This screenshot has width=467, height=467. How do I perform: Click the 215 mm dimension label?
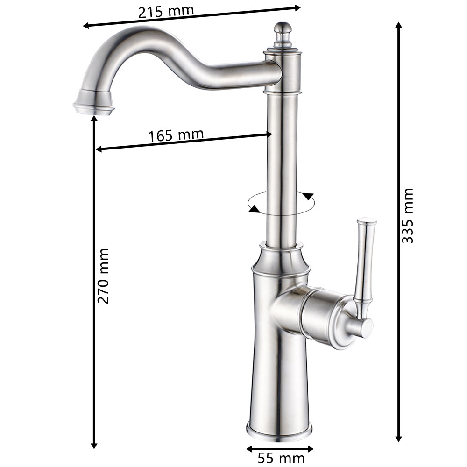click(165, 10)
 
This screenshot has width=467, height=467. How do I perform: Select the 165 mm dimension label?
click(176, 135)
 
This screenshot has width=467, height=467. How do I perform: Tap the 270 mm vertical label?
click(103, 276)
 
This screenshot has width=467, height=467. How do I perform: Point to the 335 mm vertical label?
click(408, 215)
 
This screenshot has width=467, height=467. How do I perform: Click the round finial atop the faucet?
click(281, 29)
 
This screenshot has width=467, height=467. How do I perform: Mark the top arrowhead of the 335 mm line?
click(398, 25)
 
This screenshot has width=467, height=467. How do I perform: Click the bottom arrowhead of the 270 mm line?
click(94, 446)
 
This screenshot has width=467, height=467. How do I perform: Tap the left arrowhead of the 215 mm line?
click(86, 26)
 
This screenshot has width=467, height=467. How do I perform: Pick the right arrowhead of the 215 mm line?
click(298, 7)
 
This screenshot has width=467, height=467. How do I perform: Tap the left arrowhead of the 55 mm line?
click(249, 449)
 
